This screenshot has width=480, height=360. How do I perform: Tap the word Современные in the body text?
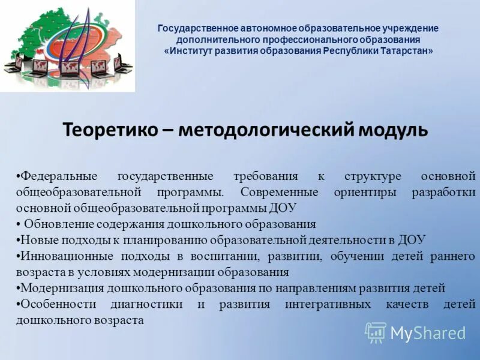[x=280, y=193]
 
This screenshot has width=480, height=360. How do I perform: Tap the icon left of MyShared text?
[x=376, y=332]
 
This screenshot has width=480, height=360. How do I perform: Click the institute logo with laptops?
[x=67, y=46]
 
